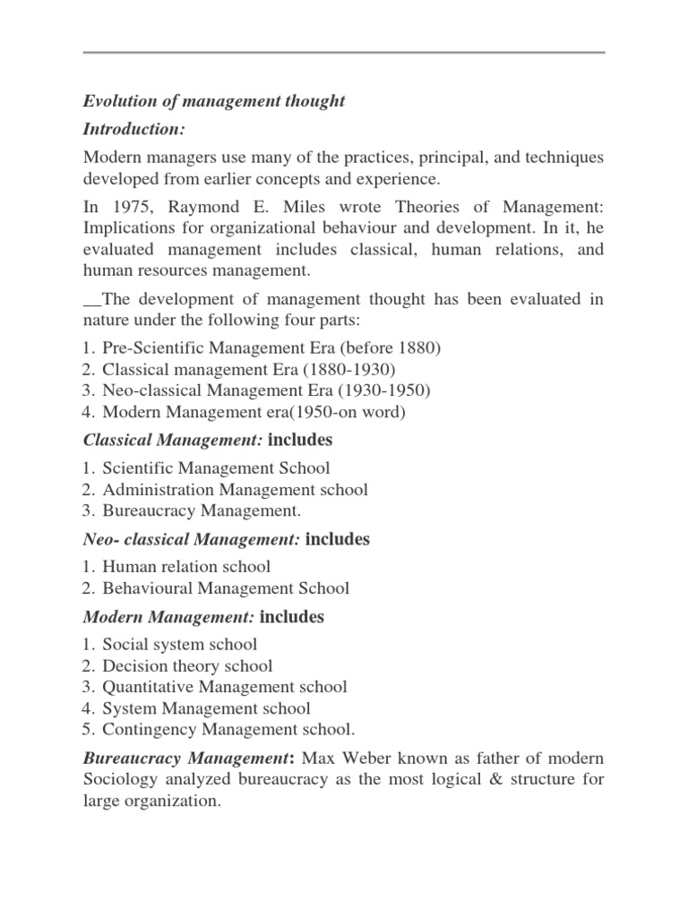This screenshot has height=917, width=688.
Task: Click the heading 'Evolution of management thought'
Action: pos(214,101)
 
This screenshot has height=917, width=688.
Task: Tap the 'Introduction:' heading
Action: pos(134,129)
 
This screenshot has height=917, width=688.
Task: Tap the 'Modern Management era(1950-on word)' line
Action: pos(254,411)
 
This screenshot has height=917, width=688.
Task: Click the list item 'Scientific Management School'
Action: pos(216,467)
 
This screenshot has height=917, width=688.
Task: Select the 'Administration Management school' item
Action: pos(235,490)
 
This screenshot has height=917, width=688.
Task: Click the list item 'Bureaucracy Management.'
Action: pos(202,511)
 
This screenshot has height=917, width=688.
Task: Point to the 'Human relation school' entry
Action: pos(186,567)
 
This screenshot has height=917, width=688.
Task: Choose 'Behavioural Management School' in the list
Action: pos(226,588)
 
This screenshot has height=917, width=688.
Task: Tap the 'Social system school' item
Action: pos(179,644)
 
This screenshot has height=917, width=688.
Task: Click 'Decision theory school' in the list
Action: pos(187,665)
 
